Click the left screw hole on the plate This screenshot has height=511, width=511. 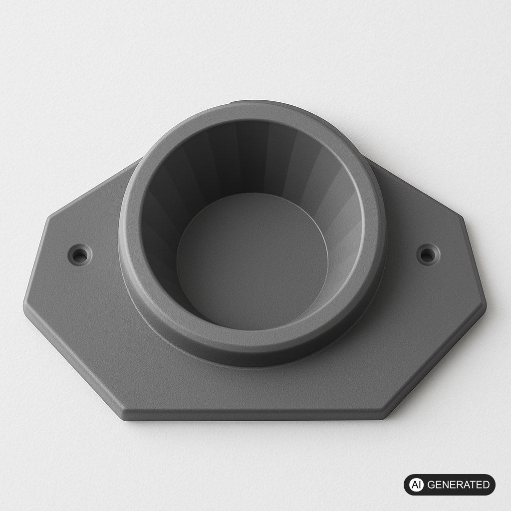[79, 255]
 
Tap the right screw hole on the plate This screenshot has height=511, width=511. [428, 255]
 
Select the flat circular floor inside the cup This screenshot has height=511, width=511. [252, 260]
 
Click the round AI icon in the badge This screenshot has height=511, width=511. [416, 485]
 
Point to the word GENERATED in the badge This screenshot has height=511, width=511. [458, 485]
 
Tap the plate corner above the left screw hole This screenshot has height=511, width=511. [49, 217]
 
